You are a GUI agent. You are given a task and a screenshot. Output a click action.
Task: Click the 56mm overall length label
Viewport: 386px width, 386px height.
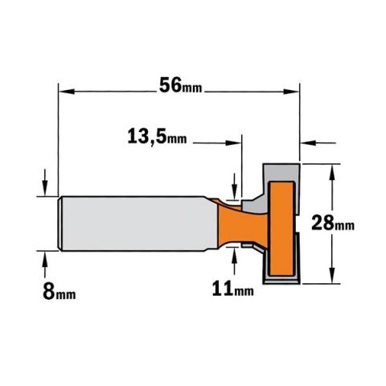click(180, 85)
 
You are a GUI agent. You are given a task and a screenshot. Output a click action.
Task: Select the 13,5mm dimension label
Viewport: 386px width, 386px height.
click(157, 137)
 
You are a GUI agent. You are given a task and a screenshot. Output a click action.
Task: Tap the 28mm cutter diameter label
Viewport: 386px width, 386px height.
click(333, 223)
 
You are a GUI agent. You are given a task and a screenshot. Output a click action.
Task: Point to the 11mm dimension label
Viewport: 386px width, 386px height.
click(232, 289)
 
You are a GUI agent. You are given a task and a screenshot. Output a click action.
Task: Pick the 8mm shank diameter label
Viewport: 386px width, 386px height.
click(60, 292)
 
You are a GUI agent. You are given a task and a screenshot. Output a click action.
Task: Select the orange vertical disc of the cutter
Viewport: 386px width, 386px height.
click(281, 229)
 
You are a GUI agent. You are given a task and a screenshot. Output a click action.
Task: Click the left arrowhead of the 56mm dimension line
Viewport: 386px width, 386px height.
click(67, 92)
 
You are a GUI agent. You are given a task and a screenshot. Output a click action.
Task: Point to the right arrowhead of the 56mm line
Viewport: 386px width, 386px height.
click(291, 92)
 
